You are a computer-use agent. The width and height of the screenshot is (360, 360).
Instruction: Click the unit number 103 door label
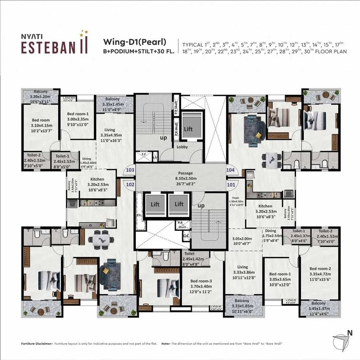(129, 169)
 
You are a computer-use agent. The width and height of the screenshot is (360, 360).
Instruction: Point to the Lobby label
(182, 147)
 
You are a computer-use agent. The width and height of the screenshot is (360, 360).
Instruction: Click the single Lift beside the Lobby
(188, 128)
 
